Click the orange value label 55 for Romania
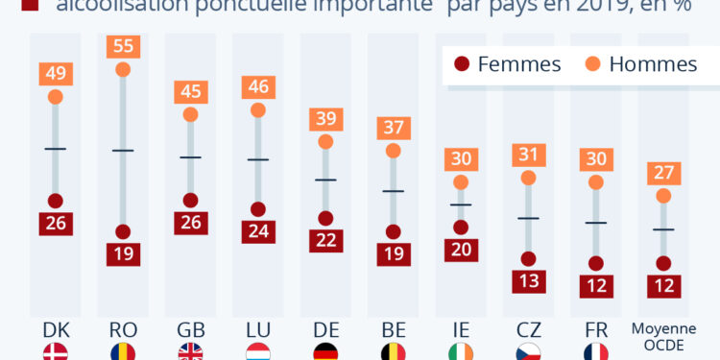pyautogui.click(x=123, y=46)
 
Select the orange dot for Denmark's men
pyautogui.click(x=55, y=96)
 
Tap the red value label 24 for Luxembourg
pyautogui.click(x=257, y=230)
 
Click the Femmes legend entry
pyautogui.click(x=507, y=64)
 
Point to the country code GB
pyautogui.click(x=190, y=329)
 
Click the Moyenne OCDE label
pyautogui.click(x=663, y=335)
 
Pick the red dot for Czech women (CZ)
pyautogui.click(x=528, y=258)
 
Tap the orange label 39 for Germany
pyautogui.click(x=325, y=119)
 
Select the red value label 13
pyautogui.click(x=528, y=280)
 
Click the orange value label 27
pyautogui.click(x=663, y=173)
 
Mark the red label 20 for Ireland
pyautogui.click(x=461, y=250)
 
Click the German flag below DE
pyautogui.click(x=325, y=352)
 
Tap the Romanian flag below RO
pyautogui.click(x=123, y=352)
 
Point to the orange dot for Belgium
pyautogui.click(x=393, y=151)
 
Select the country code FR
pyautogui.click(x=595, y=329)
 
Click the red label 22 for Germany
pyautogui.click(x=325, y=241)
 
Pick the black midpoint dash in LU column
pyautogui.click(x=257, y=158)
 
